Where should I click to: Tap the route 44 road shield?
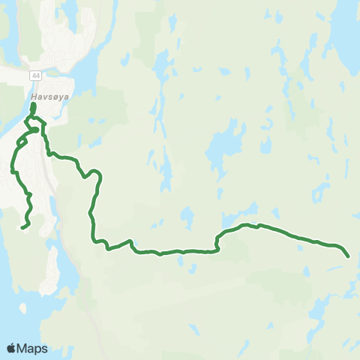tap(35, 76)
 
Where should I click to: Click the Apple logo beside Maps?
tap(11, 348)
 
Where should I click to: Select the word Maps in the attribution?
tap(32, 348)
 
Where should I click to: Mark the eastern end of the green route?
tap(349, 256)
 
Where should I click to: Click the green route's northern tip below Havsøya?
tap(32, 106)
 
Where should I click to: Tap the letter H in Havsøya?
tap(34, 97)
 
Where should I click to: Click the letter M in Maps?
tap(23, 348)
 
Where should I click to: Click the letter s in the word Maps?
tap(44, 348)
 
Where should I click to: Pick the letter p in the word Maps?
tap(38, 349)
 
